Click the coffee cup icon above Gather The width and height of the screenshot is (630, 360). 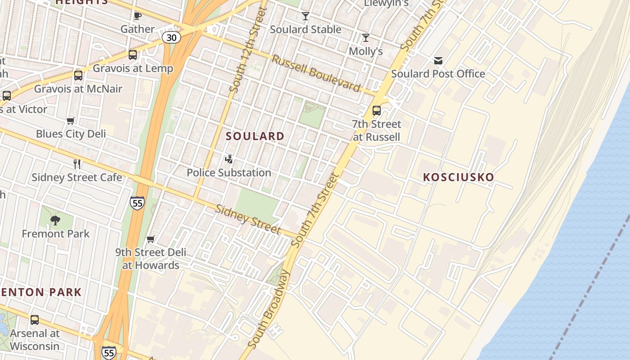[x=138, y=16]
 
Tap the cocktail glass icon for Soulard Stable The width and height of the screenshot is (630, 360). [x=306, y=17]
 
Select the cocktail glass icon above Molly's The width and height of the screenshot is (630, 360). [x=366, y=38]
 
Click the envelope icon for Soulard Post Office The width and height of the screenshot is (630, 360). [x=438, y=61]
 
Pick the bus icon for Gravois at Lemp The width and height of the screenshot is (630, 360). [x=133, y=55]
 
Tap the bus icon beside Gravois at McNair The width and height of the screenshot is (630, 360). [x=78, y=76]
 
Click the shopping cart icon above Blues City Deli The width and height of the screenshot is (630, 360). [x=71, y=121]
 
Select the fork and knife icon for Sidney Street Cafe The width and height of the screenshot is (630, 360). [x=77, y=164]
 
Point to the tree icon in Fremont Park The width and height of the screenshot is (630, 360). [x=55, y=220]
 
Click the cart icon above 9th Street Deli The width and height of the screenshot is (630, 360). [x=151, y=239]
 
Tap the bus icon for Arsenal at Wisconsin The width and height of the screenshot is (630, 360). [x=35, y=320]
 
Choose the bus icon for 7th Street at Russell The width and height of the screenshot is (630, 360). [x=377, y=111]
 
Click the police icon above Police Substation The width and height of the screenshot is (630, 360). [x=229, y=159]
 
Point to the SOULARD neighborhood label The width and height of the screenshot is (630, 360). [x=255, y=136]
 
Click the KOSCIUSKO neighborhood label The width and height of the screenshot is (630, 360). [x=459, y=177]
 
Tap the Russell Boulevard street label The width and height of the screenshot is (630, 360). [x=316, y=73]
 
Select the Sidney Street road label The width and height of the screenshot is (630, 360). [x=248, y=220]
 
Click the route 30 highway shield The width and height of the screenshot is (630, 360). [x=171, y=38]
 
